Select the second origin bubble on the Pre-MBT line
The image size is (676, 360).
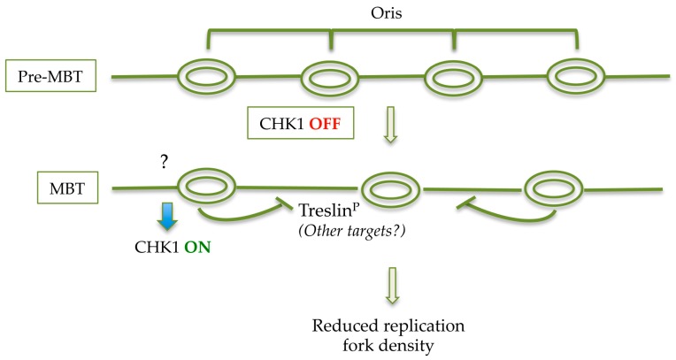pos(332,77)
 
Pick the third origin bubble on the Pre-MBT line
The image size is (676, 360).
pos(454,77)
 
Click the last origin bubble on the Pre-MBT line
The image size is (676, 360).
pos(576,77)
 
